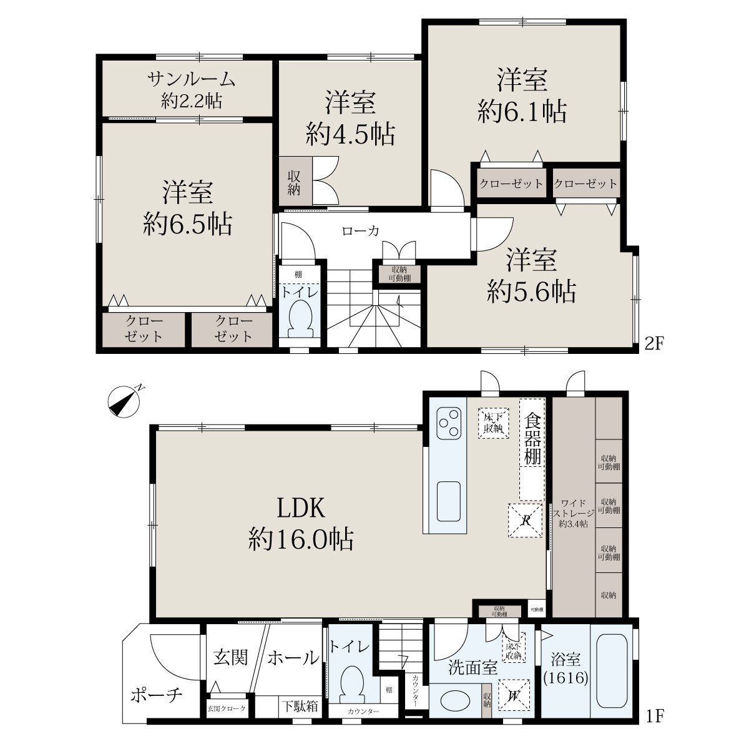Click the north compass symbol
[123, 401]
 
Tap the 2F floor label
[654, 343]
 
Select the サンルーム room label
[191, 79]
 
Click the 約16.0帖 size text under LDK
[301, 539]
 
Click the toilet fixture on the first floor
[352, 685]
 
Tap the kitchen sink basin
[449, 501]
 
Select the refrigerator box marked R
[525, 521]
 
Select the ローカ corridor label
[360, 232]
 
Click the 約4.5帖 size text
[350, 134]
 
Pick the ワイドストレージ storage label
[574, 509]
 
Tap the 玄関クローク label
[227, 708]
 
